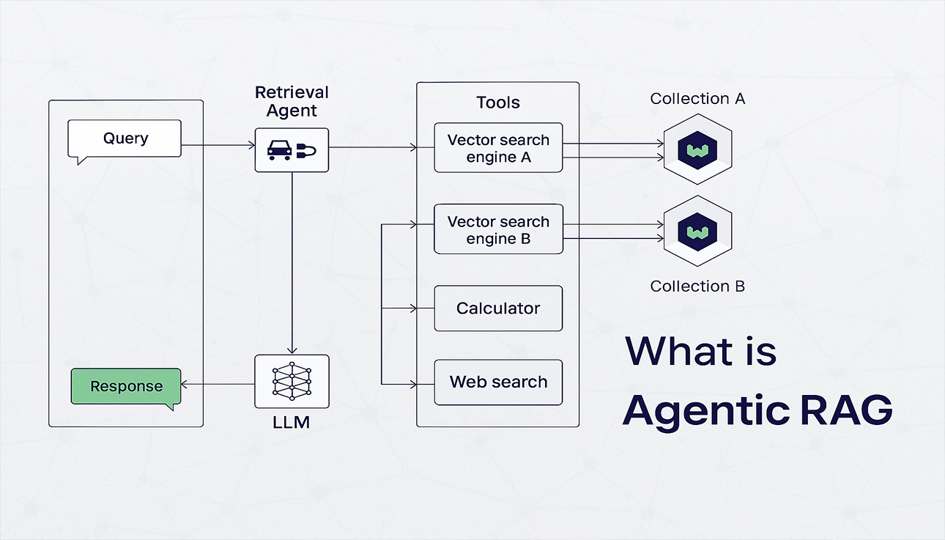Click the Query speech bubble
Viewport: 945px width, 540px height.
124,138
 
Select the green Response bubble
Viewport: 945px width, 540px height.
125,386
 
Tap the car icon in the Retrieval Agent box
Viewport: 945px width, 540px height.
279,150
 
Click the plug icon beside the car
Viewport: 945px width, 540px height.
306,151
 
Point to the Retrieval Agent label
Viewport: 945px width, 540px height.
292,102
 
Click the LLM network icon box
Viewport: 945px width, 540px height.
292,381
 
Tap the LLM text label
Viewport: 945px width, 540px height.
291,423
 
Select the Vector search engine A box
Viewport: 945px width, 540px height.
498,148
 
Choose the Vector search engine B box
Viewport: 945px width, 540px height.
498,230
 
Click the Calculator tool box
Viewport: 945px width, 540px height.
498,308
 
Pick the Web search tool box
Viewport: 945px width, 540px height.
498,382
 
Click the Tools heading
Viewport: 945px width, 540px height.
498,103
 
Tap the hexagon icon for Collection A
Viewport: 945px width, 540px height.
697,149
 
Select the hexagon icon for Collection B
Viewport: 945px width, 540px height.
697,232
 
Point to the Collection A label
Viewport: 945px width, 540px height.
697,99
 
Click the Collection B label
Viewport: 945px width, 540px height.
697,286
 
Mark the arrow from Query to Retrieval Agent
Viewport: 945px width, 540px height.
218,146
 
